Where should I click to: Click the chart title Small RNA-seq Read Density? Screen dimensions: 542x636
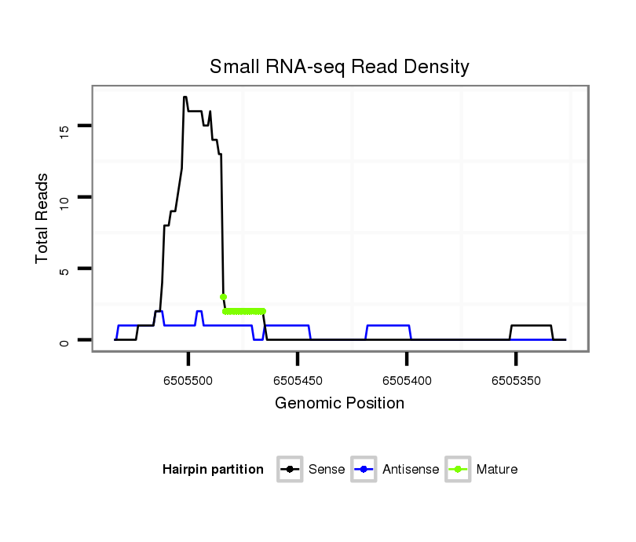pos(339,67)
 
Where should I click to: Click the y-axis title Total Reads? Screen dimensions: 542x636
pos(42,218)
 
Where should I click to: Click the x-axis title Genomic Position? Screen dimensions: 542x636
pos(339,404)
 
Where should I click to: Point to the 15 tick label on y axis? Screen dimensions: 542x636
pos(65,128)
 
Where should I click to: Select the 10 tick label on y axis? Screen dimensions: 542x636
pos(65,198)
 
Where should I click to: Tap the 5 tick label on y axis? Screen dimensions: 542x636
pos(65,270)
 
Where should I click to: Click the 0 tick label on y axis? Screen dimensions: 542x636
pos(65,342)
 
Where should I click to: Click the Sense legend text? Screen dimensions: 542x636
pos(327,470)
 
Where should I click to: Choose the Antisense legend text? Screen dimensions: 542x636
pos(411,470)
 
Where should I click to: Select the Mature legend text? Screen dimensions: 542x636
pos(496,470)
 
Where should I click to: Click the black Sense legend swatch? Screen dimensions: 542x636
pos(290,470)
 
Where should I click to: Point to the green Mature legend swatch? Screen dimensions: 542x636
pos(458,470)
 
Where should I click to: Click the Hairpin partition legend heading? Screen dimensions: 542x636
pos(213,470)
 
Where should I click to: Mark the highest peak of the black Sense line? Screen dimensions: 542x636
pos(185,97)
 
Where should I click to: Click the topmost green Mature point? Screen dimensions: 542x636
pos(223,297)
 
